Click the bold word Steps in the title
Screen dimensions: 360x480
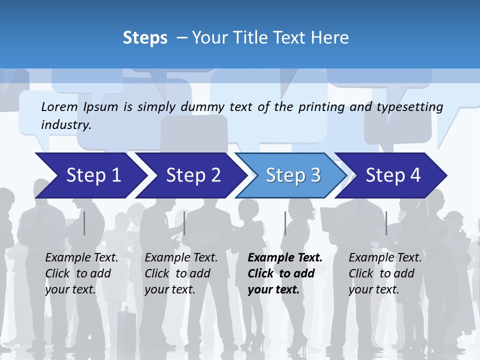pyautogui.click(x=145, y=38)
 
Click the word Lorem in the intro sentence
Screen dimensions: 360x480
pyautogui.click(x=59, y=106)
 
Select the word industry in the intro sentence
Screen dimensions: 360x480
pyautogui.click(x=66, y=125)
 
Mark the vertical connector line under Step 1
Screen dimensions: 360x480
pyautogui.click(x=84, y=223)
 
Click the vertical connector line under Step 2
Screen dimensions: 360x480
pyautogui.click(x=184, y=223)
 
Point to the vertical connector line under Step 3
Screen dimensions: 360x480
pyautogui.click(x=285, y=223)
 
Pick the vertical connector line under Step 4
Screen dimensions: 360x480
pyautogui.click(x=386, y=223)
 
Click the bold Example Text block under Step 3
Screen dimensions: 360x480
pyautogui.click(x=284, y=273)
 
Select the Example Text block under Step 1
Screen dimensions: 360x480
pyautogui.click(x=81, y=273)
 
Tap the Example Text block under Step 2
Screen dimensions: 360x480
pyautogui.click(x=181, y=273)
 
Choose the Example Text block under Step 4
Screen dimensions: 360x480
pyautogui.click(x=385, y=273)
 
